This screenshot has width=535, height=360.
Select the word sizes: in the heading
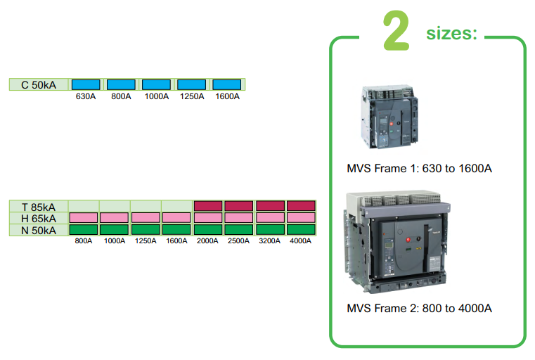[451, 33]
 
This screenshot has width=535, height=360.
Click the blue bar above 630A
[86, 85]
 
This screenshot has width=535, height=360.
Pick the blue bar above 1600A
[226, 85]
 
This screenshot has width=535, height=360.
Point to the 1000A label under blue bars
[156, 96]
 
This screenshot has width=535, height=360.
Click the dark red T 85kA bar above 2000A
[208, 207]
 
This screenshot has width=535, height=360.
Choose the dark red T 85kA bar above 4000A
[301, 207]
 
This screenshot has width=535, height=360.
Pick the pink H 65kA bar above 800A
[83, 218]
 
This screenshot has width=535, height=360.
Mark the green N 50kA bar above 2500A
[239, 229]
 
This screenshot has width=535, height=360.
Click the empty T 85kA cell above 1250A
[146, 207]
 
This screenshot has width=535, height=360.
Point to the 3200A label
[270, 241]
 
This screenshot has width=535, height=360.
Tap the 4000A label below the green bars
[301, 241]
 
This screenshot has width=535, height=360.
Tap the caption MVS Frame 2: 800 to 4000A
[419, 309]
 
